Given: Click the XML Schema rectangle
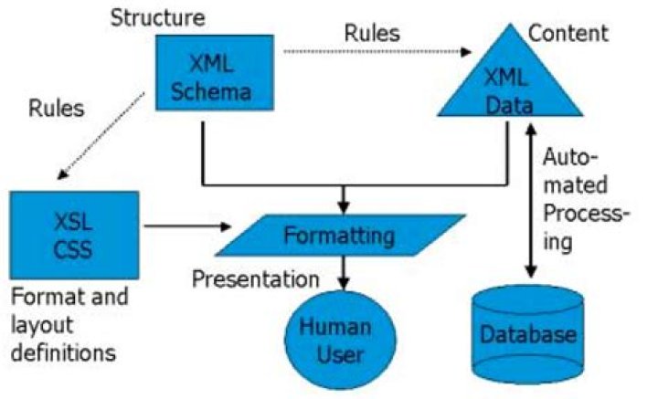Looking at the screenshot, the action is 215,72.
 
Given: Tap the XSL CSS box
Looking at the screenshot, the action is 74,236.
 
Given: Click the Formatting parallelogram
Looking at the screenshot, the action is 340,236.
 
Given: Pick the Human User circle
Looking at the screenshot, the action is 340,341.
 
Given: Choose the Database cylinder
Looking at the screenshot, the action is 528,334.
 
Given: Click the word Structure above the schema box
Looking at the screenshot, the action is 158,18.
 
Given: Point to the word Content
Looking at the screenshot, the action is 568,33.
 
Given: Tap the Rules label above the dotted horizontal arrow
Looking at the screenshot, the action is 372,33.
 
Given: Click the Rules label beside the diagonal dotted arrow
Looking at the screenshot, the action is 57,109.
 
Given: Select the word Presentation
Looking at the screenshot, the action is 256,278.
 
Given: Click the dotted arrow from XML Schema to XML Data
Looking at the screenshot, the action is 377,52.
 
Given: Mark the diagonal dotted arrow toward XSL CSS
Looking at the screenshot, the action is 101,136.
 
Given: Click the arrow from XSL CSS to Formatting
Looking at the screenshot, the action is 187,226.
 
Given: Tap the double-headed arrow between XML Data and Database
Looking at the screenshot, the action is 531,200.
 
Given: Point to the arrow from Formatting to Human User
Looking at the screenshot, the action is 344,272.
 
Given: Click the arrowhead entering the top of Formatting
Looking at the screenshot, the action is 344,207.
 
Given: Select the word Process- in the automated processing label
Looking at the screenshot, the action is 587,214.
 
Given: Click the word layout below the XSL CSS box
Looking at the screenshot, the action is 42,326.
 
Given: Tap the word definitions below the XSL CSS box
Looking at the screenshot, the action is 63,352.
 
